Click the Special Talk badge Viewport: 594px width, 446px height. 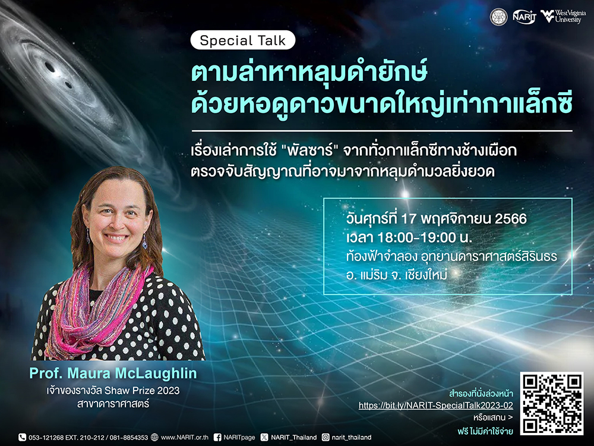[x=242, y=40]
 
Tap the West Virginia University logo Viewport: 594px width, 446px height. [x=563, y=17]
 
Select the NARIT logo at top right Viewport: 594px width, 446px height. [x=525, y=17]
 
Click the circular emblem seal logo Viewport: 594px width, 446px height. [x=498, y=17]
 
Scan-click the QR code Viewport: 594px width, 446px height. [x=552, y=404]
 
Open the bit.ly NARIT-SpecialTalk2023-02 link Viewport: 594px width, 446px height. [x=435, y=406]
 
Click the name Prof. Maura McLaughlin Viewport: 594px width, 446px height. [x=113, y=373]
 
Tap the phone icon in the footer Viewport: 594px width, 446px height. [x=23, y=437]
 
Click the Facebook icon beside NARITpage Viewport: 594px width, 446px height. [x=217, y=437]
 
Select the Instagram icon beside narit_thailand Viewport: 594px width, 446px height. [x=326, y=437]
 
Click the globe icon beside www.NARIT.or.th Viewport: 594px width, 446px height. [x=154, y=437]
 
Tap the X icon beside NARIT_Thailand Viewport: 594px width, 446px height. [x=264, y=437]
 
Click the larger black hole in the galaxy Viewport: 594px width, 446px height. [x=50, y=67]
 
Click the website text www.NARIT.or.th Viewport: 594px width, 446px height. [x=185, y=437]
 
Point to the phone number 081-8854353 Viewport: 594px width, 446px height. [x=129, y=437]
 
